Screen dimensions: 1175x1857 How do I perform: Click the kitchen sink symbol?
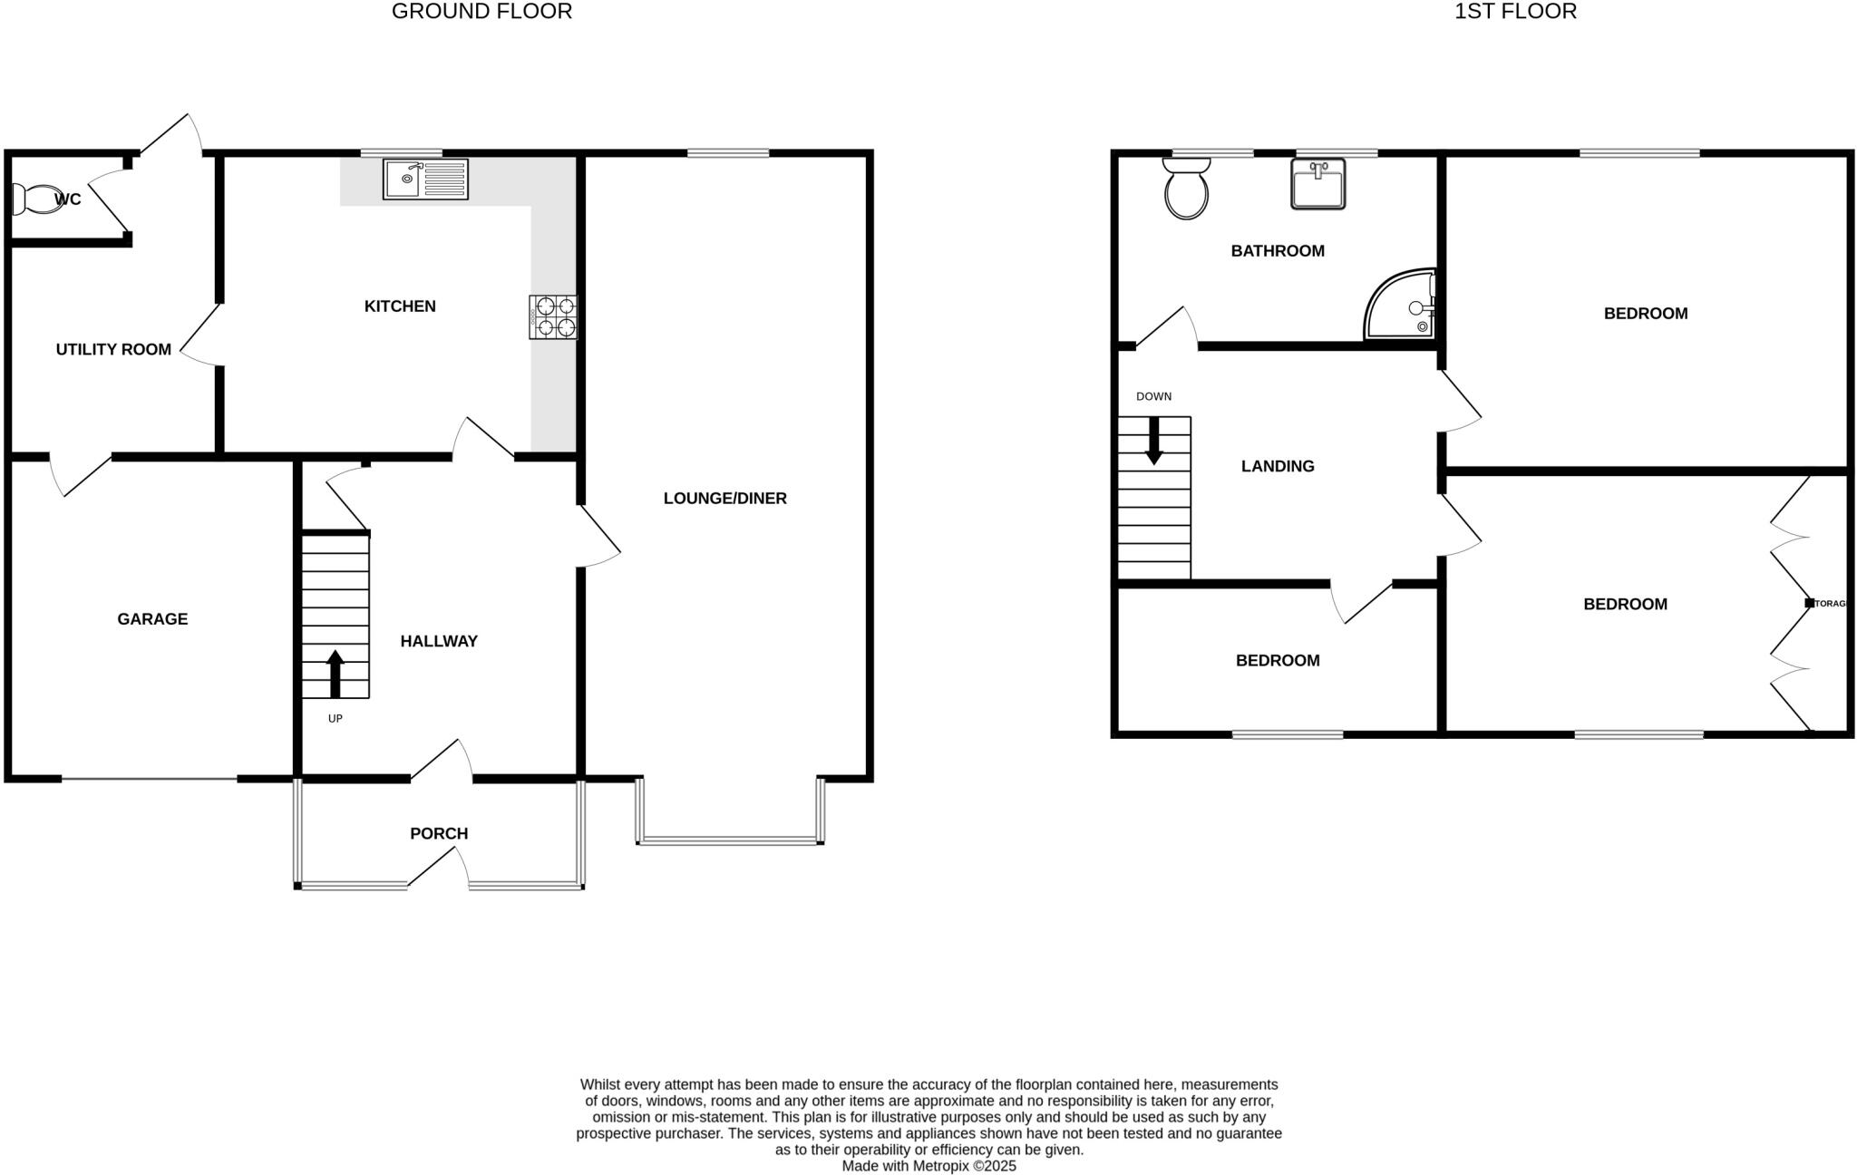pos(425,179)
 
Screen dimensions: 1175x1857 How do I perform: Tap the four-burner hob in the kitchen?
pos(553,317)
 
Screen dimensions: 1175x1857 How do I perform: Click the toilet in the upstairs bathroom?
pos(1186,189)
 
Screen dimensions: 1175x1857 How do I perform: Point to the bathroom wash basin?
pos(1317,184)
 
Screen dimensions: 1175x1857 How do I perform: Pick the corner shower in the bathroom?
pos(1401,306)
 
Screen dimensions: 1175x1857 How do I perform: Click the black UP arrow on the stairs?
pos(335,674)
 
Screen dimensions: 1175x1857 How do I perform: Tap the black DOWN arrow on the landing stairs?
pos(1153,441)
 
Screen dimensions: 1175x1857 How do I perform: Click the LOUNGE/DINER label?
pos(724,498)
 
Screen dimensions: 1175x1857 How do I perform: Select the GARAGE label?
pos(152,619)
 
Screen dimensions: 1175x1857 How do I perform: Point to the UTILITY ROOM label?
pos(113,349)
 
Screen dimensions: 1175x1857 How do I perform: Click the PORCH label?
pos(439,833)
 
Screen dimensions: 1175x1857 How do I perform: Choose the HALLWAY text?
pos(439,641)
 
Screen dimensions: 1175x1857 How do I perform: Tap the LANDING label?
pos(1277,466)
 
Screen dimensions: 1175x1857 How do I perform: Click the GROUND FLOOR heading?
pos(481,12)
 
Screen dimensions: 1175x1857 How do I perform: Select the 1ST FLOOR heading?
pos(1515,12)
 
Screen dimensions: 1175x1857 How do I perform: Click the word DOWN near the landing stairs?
pos(1153,396)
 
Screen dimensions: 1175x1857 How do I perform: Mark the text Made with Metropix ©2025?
pos(928,1166)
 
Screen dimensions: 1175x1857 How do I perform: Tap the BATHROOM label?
pos(1277,251)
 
